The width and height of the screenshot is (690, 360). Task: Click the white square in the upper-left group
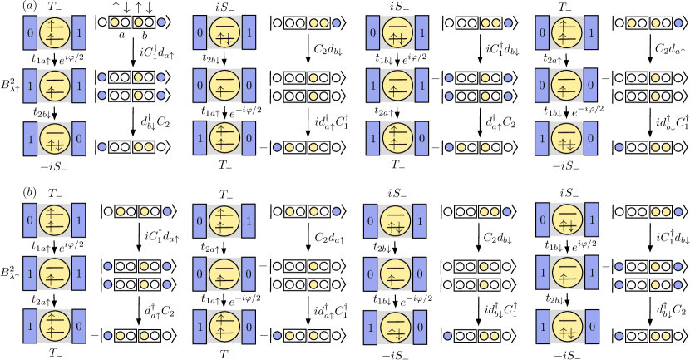click(x=86, y=64)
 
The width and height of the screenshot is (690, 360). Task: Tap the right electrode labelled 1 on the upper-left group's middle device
click(x=79, y=86)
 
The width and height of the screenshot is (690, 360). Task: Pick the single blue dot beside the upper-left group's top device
click(x=161, y=22)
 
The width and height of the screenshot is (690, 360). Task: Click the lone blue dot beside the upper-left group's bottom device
click(x=101, y=147)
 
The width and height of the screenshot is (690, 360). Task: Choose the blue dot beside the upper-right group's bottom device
click(x=619, y=147)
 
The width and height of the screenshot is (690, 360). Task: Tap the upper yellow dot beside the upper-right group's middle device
click(x=656, y=77)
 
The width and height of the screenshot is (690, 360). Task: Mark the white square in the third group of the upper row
click(x=429, y=64)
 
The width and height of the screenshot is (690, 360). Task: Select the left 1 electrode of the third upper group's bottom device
click(x=372, y=138)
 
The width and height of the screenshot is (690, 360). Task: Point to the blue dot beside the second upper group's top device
click(x=336, y=23)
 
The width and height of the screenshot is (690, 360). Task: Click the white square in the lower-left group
click(x=85, y=250)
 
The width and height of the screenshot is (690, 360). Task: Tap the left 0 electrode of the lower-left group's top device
click(x=30, y=221)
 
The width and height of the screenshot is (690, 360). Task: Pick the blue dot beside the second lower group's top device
click(x=336, y=211)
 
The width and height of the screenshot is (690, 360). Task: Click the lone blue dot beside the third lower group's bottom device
click(x=447, y=336)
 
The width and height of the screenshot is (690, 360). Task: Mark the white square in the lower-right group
click(x=599, y=250)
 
